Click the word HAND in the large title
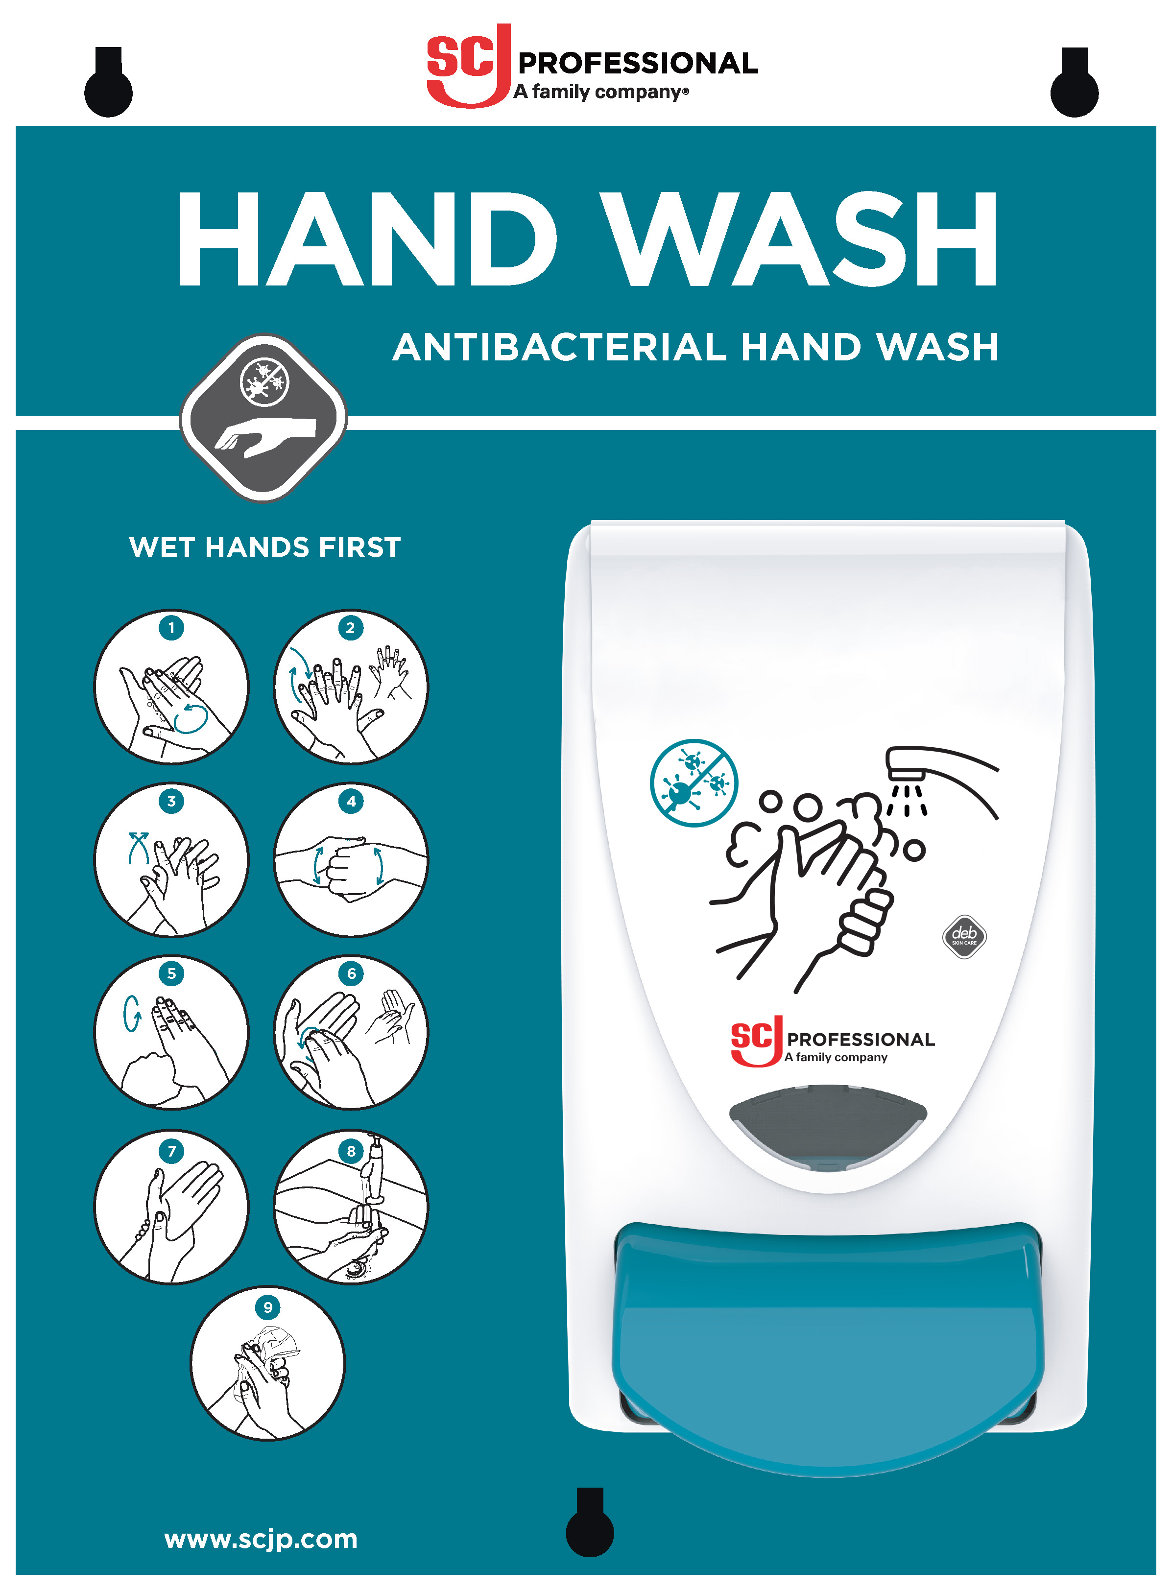click(x=366, y=240)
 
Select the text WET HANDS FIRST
click(x=264, y=547)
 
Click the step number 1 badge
click(x=171, y=628)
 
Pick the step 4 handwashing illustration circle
click(x=351, y=860)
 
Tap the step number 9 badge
click(x=267, y=1307)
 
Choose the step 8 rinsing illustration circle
click(x=351, y=1207)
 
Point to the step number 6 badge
click(x=351, y=974)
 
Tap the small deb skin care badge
click(x=964, y=936)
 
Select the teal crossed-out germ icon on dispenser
click(x=694, y=783)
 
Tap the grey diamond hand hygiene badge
click(x=263, y=417)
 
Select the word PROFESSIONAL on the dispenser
click(x=861, y=1040)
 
